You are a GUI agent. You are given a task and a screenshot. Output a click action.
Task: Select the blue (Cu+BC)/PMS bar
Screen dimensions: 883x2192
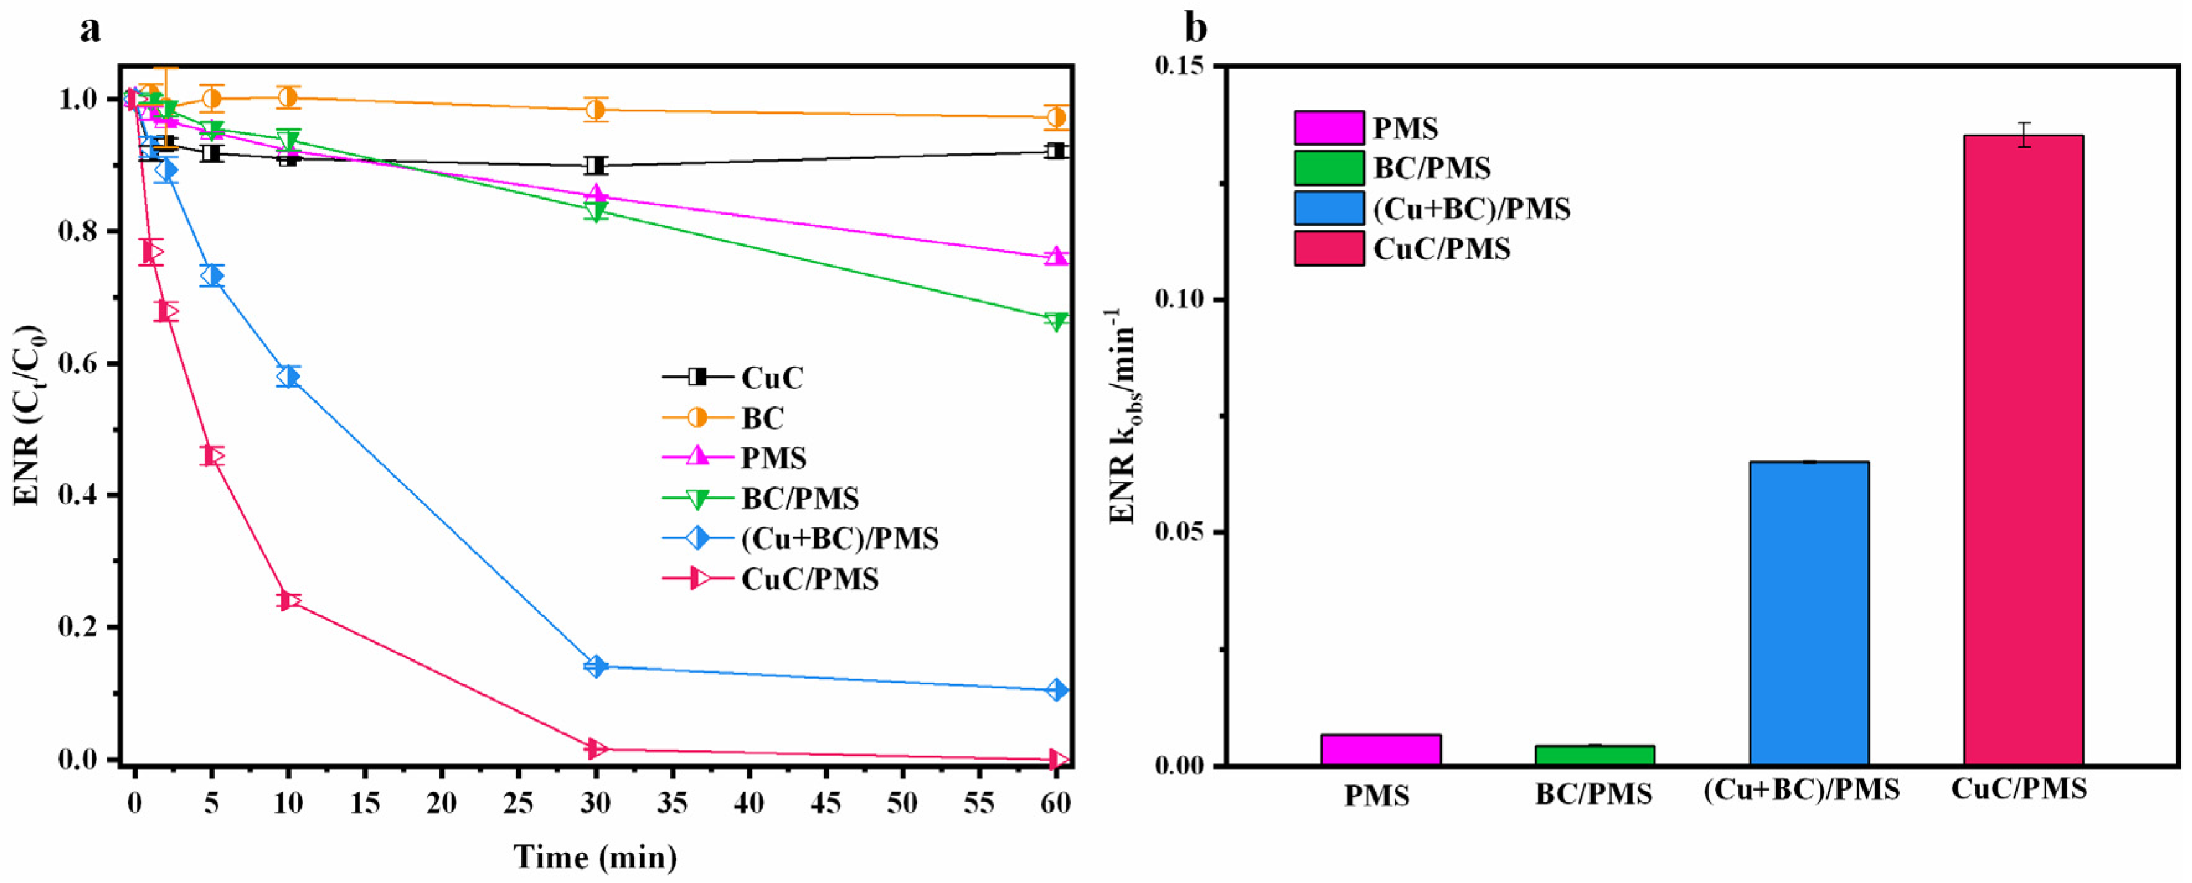pos(1808,612)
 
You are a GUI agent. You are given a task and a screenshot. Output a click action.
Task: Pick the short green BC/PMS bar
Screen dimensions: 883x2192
pos(1594,755)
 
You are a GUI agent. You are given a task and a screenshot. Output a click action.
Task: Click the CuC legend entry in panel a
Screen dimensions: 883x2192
pos(771,377)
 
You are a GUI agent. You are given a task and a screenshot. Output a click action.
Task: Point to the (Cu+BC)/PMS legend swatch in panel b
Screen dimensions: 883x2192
pos(1328,208)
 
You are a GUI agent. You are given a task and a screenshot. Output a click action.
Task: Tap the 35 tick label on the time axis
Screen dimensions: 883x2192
pos(672,802)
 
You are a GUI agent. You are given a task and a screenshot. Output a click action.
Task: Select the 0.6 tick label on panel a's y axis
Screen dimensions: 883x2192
pos(78,363)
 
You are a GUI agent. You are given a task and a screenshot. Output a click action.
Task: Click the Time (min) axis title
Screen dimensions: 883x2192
pos(596,857)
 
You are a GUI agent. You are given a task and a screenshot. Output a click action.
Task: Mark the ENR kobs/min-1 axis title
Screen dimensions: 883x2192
pos(1124,417)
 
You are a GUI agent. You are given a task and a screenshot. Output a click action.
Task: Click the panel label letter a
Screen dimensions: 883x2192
pos(89,30)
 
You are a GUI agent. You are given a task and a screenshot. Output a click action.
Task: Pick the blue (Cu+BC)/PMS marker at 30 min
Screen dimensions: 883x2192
pos(596,666)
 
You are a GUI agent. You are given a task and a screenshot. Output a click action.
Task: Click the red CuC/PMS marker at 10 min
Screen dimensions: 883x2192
pos(289,601)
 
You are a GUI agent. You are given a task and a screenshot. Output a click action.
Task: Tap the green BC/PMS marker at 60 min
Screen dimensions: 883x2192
pos(1056,321)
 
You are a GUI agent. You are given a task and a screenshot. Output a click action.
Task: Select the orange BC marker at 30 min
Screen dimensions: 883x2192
pos(596,109)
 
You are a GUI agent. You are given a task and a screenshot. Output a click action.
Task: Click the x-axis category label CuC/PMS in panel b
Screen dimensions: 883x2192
pos(2018,789)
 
